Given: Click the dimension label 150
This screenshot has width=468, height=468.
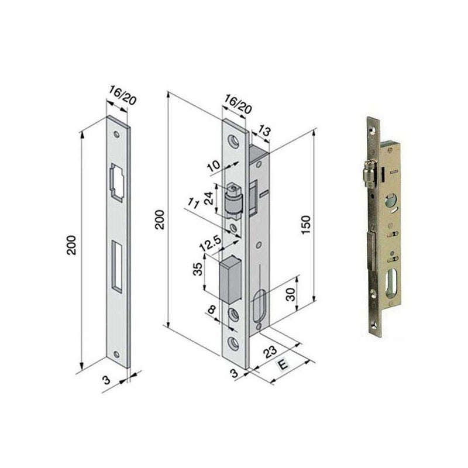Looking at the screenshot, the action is click(x=306, y=225).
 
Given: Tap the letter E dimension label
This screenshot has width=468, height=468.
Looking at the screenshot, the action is click(x=283, y=364).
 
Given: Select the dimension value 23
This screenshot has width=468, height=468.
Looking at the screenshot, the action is click(x=270, y=352).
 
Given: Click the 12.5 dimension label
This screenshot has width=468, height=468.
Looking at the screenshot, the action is click(x=211, y=243).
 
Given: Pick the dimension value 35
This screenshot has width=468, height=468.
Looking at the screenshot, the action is click(x=198, y=269).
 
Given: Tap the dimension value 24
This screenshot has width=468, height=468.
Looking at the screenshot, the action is click(x=210, y=198).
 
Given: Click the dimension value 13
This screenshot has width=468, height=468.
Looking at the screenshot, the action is click(x=264, y=130).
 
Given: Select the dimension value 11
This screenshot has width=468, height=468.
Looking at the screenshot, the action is click(x=193, y=204).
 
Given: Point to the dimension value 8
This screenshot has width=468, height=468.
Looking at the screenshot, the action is click(x=212, y=310).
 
